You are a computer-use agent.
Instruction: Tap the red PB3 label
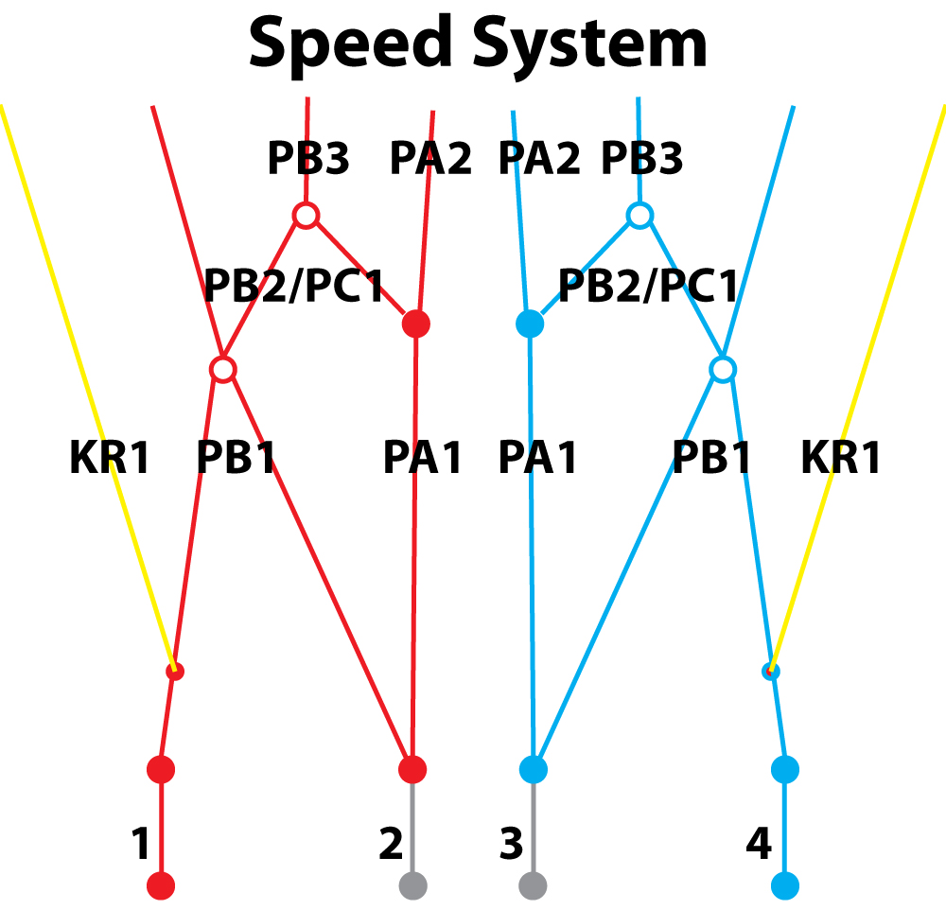[x=308, y=159]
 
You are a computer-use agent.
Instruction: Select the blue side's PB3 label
[x=642, y=159]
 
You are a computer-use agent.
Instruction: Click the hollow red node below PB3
[x=305, y=216]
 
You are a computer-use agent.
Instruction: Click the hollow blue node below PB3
[x=640, y=216]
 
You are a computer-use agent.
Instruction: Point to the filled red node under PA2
[x=416, y=324]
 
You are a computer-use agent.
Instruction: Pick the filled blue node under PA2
[x=530, y=324]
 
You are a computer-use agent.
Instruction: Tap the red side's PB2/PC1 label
[x=294, y=285]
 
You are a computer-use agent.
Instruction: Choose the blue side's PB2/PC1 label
[x=648, y=285]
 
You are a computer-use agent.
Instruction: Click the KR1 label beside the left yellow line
[x=110, y=458]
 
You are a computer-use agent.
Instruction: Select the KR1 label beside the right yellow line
[x=841, y=458]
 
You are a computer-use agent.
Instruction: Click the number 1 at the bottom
[x=140, y=844]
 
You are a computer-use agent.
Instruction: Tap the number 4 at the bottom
[x=759, y=844]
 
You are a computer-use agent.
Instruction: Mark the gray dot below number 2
[x=412, y=885]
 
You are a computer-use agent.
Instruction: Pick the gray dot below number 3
[x=534, y=885]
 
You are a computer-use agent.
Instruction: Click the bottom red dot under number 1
[x=162, y=885]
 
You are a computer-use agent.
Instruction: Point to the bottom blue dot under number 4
[x=785, y=885]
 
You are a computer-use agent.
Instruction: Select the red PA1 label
[x=423, y=458]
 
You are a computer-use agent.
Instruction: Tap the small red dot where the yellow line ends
[x=174, y=672]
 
